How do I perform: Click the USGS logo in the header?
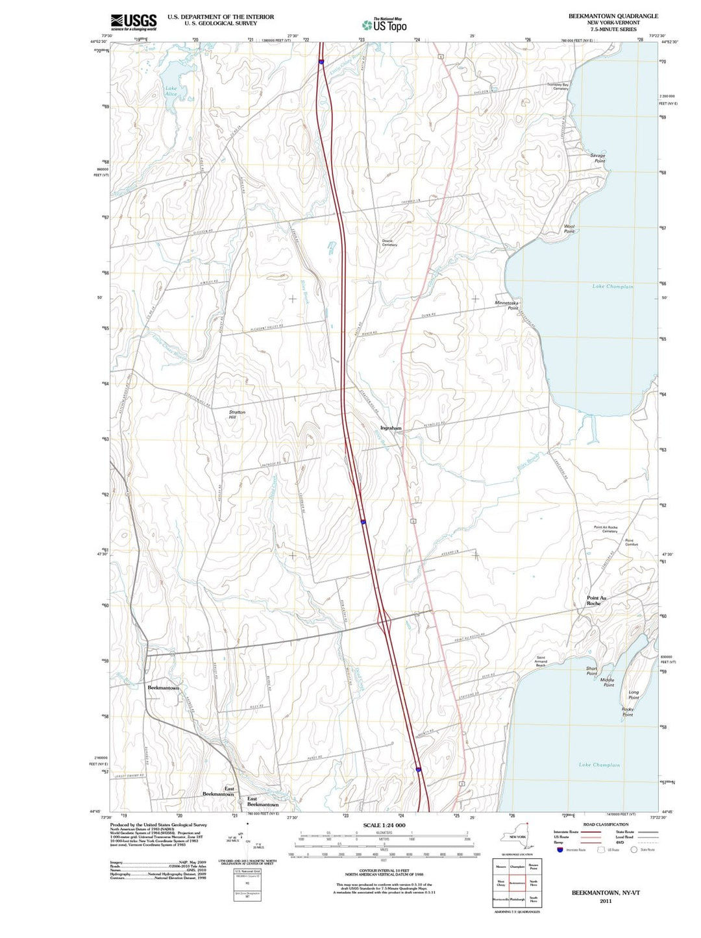[133, 23]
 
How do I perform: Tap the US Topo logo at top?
[384, 25]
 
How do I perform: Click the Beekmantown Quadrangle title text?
[613, 16]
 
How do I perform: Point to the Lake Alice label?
[171, 92]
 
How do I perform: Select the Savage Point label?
[597, 158]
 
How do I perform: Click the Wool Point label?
[569, 229]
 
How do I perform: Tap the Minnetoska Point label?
[507, 305]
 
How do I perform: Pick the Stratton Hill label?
[237, 415]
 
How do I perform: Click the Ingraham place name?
[391, 428]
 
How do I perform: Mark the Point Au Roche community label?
[596, 600]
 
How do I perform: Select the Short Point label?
[591, 671]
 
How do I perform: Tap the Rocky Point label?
[628, 712]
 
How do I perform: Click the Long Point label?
[633, 695]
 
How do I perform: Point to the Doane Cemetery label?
[389, 243]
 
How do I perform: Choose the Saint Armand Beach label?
[541, 661]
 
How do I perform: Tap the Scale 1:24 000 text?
[385, 825]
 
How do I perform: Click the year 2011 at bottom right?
[606, 901]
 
